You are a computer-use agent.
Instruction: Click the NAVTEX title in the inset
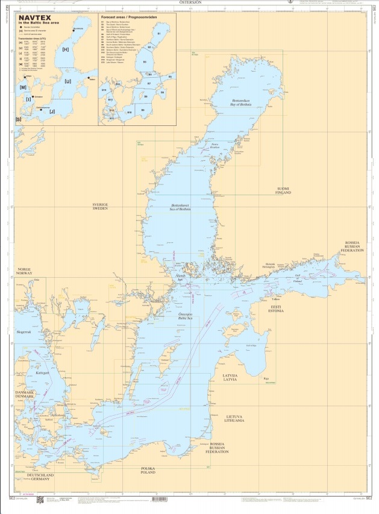[34, 18]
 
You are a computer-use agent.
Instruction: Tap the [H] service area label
[65, 49]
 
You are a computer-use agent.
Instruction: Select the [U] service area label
[67, 81]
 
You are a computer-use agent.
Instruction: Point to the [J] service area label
[52, 111]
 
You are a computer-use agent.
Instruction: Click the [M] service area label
[23, 87]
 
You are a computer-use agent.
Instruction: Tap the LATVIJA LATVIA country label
[228, 377]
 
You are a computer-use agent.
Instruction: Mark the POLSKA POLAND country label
[148, 470]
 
